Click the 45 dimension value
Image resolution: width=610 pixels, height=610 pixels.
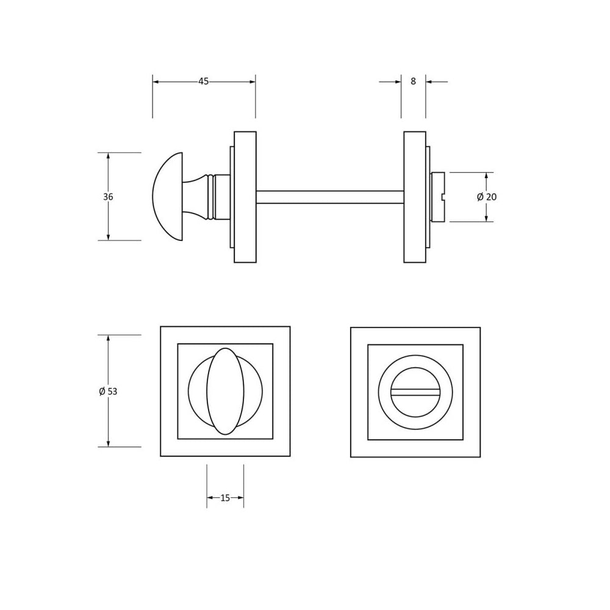point(204,81)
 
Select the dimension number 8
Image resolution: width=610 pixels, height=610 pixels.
point(413,81)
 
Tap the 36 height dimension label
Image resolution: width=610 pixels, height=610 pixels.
point(108,197)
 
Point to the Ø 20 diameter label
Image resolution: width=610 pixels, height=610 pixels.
point(487,197)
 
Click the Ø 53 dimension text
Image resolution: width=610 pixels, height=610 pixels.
point(108,392)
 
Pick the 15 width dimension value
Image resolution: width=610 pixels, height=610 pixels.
point(225,498)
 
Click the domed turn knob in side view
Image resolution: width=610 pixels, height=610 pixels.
point(167,196)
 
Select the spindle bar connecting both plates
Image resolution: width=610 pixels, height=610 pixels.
point(330,197)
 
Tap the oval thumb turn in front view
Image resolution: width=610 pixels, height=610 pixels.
point(225,392)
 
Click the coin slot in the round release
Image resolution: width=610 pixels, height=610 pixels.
point(415,392)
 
